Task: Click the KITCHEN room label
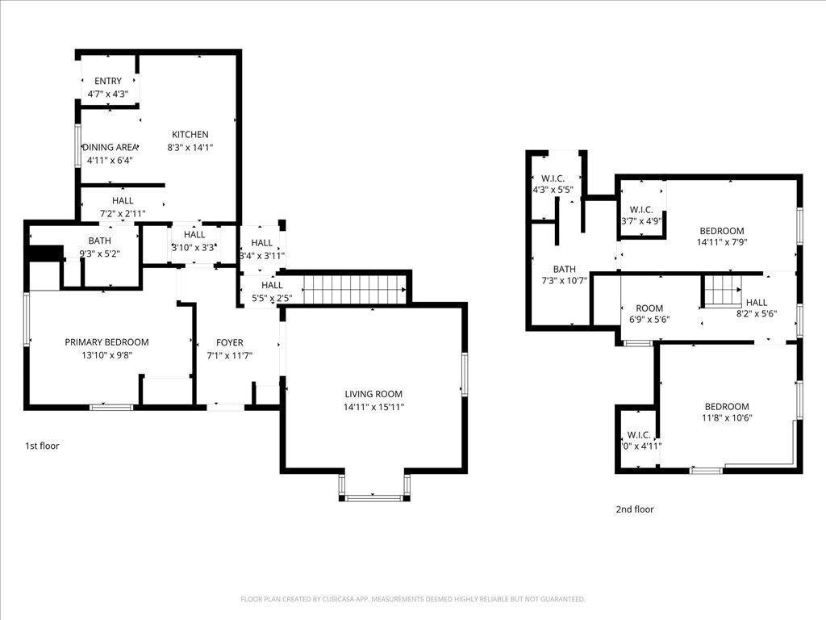pyautogui.click(x=190, y=135)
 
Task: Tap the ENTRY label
pyautogui.click(x=108, y=81)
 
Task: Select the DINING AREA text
pyautogui.click(x=110, y=147)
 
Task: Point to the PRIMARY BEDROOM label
pyautogui.click(x=106, y=342)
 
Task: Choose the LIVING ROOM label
pyautogui.click(x=373, y=394)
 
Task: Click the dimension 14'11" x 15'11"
pyautogui.click(x=373, y=407)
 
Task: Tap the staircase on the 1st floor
pyautogui.click(x=353, y=287)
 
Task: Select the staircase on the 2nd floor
pyautogui.click(x=720, y=290)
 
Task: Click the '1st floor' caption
pyautogui.click(x=41, y=446)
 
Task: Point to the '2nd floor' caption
pyautogui.click(x=635, y=509)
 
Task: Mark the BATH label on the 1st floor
pyautogui.click(x=100, y=241)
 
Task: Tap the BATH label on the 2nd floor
pyautogui.click(x=564, y=270)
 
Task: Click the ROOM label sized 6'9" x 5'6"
pyautogui.click(x=649, y=308)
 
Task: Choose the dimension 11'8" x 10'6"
pyautogui.click(x=727, y=418)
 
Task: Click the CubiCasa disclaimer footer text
pyautogui.click(x=413, y=599)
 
